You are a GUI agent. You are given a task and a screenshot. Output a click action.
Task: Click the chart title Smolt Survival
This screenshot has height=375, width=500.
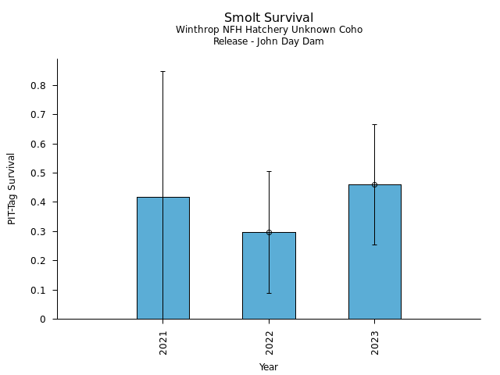tap(269, 18)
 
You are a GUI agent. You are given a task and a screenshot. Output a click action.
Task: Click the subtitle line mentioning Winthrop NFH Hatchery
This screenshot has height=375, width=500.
tap(269, 30)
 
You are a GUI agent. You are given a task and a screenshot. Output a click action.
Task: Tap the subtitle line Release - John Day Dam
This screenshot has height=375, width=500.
tap(269, 41)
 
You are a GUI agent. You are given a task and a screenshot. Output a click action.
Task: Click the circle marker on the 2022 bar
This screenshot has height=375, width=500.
tap(269, 232)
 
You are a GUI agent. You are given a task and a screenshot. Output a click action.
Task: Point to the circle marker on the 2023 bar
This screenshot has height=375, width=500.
tap(374, 184)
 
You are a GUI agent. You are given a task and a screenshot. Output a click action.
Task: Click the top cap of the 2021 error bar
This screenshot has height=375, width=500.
tap(162, 71)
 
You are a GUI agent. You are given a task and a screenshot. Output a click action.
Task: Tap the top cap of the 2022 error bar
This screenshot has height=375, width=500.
tap(269, 171)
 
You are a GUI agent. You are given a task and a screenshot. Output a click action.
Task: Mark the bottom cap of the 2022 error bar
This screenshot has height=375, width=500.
tap(269, 293)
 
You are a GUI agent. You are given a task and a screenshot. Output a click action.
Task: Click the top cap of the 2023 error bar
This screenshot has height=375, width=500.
tap(374, 124)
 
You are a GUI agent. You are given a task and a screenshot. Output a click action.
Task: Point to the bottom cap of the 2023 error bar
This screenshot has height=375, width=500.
tap(374, 245)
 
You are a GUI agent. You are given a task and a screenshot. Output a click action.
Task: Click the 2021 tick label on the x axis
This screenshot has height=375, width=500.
tap(163, 344)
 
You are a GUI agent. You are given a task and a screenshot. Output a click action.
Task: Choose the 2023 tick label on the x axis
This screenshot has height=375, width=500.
tap(375, 344)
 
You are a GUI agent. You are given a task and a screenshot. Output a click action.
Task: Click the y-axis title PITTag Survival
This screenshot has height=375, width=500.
tap(12, 188)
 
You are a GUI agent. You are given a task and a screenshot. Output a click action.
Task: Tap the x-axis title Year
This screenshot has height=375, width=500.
tap(269, 367)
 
